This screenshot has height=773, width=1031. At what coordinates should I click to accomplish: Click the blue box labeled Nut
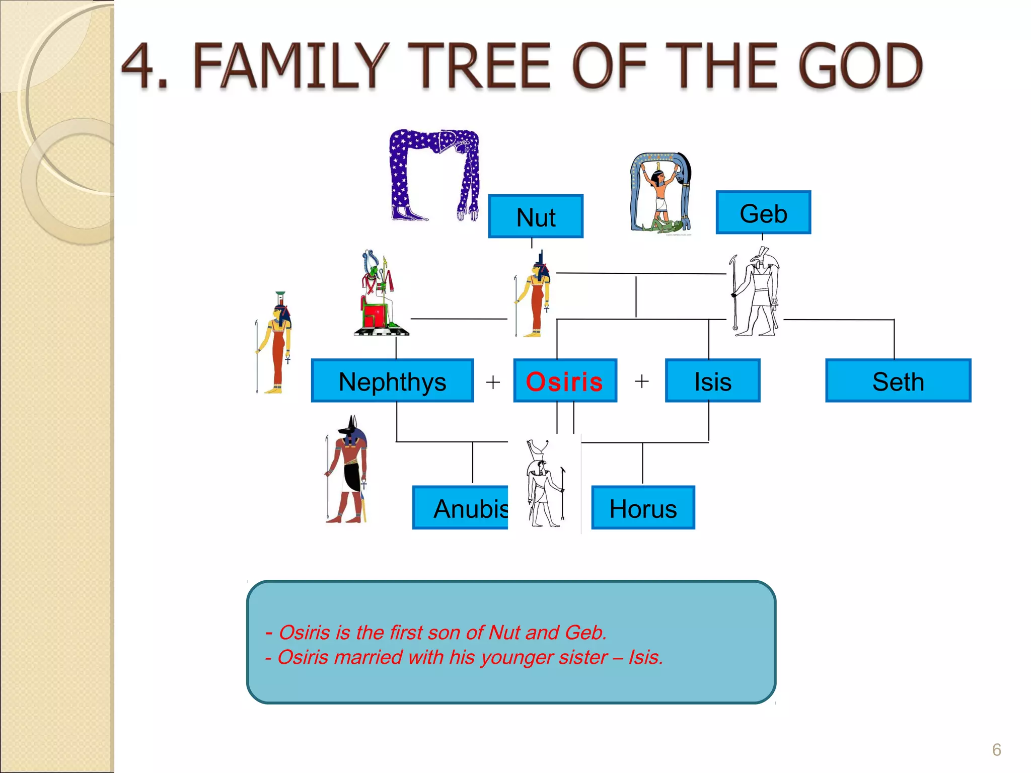tap(535, 216)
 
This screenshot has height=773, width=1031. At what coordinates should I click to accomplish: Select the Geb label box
tap(763, 213)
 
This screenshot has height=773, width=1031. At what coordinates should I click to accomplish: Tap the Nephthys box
tap(392, 381)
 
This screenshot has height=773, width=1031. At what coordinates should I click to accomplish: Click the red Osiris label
tap(564, 381)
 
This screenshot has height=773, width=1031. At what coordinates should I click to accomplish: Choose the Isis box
tap(712, 381)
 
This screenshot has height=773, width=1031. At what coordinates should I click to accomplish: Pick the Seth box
tap(898, 381)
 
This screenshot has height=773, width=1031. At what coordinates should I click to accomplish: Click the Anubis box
tap(461, 508)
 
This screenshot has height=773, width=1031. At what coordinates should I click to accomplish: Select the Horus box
tap(643, 508)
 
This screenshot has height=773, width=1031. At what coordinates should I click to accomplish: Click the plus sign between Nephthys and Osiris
tap(493, 382)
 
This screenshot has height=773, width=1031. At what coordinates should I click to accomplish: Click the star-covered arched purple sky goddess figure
tap(434, 174)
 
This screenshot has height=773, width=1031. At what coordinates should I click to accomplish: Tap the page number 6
tap(996, 750)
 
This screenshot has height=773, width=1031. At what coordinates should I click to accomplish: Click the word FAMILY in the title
tap(291, 66)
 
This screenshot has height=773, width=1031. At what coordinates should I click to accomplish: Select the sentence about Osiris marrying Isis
tap(464, 657)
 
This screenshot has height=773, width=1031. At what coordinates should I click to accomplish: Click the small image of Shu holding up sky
tap(661, 194)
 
